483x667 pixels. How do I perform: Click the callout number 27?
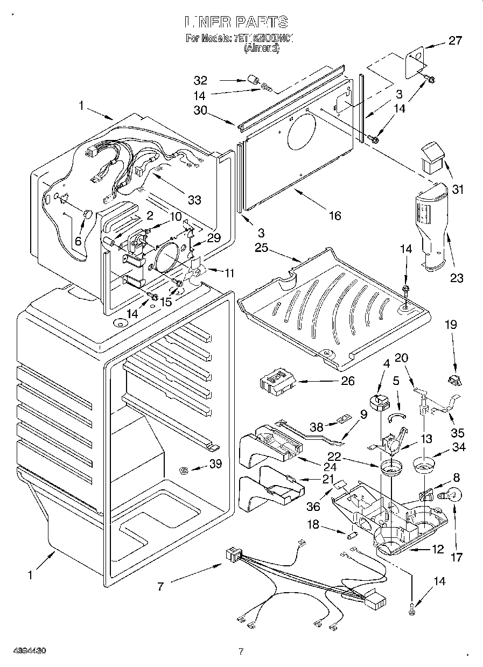click(455, 41)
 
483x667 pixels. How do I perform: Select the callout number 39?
click(215, 464)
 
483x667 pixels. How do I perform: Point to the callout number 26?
click(348, 381)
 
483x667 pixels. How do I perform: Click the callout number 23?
click(457, 278)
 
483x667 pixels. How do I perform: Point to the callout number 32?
click(200, 81)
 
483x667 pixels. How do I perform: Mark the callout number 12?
click(437, 549)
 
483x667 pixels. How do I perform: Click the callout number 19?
click(450, 325)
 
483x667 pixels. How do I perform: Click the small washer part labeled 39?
click(184, 472)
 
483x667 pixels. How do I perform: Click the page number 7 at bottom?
click(242, 651)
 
